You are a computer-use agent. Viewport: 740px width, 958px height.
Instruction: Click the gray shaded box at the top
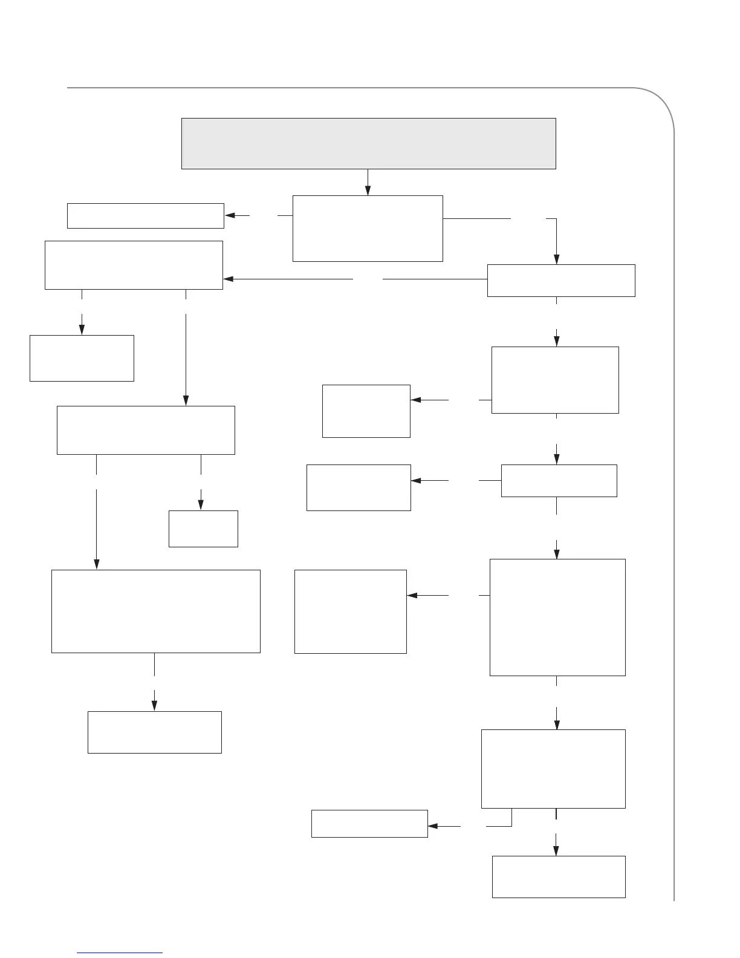click(368, 143)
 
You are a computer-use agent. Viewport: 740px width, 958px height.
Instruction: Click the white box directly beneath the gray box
click(368, 228)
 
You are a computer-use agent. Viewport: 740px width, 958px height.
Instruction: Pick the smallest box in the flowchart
click(203, 529)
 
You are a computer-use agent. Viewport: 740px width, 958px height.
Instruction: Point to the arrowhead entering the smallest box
click(201, 505)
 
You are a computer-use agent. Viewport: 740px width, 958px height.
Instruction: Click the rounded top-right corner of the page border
click(659, 103)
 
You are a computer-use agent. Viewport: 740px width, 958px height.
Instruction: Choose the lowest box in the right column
click(559, 876)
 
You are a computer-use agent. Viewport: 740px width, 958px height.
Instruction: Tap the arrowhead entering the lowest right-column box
click(556, 850)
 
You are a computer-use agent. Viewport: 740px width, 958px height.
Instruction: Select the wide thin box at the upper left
click(145, 216)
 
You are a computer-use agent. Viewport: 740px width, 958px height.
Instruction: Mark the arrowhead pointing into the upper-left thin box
click(230, 215)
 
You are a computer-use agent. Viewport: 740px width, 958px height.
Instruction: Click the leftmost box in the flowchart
click(82, 358)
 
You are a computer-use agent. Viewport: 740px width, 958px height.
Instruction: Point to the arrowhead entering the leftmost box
click(82, 330)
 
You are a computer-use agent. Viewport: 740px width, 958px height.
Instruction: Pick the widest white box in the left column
click(156, 611)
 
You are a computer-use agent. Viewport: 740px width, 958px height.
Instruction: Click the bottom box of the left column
click(155, 732)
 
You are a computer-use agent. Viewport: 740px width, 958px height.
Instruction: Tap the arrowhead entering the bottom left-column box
click(154, 706)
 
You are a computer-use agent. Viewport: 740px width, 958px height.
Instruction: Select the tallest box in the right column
click(557, 617)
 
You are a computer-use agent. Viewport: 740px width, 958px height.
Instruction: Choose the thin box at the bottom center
click(369, 823)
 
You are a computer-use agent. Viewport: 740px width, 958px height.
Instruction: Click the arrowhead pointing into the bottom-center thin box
click(433, 826)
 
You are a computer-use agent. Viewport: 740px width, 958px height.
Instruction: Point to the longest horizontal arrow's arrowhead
click(229, 279)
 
